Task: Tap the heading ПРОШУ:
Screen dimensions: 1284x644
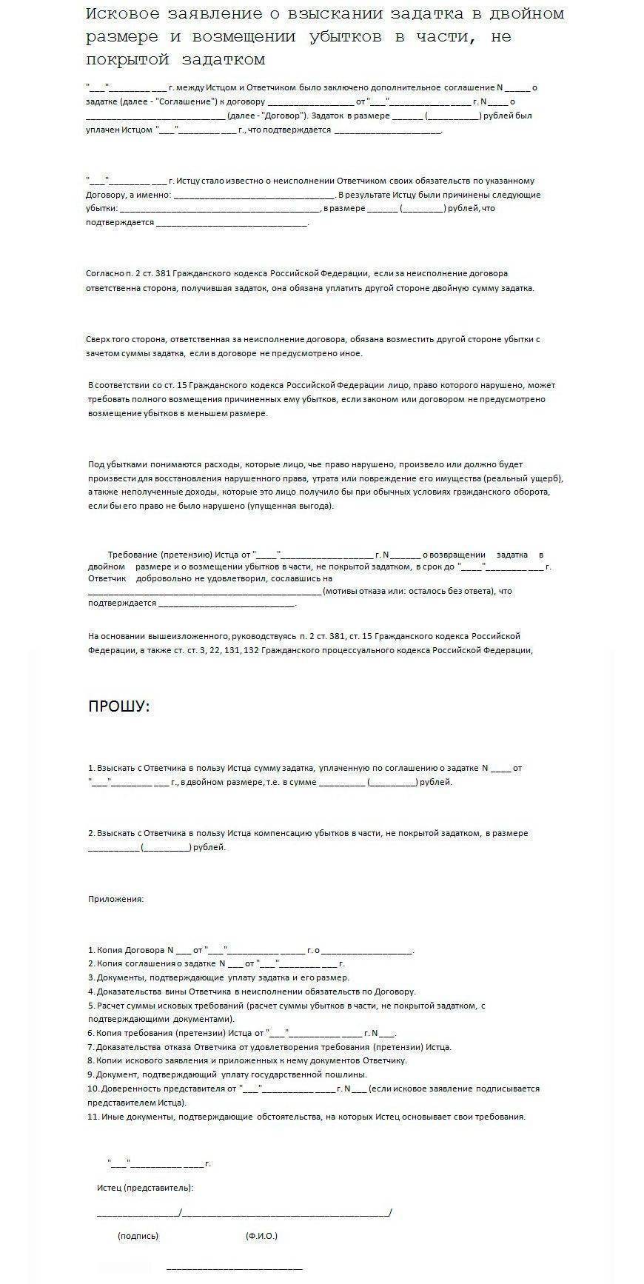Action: point(118,706)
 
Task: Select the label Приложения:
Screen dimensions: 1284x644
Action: point(116,899)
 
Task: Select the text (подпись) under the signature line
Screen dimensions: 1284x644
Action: point(138,1236)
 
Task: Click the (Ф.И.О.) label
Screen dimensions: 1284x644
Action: point(261,1236)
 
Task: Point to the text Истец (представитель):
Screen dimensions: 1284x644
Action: point(145,1188)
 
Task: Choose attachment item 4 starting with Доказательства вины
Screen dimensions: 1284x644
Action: point(252,992)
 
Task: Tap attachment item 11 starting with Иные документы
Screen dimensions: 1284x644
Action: point(306,1117)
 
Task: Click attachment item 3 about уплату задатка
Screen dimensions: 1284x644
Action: point(218,977)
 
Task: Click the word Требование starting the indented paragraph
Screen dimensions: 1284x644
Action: point(133,555)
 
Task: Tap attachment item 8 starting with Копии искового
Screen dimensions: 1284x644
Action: point(247,1060)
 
